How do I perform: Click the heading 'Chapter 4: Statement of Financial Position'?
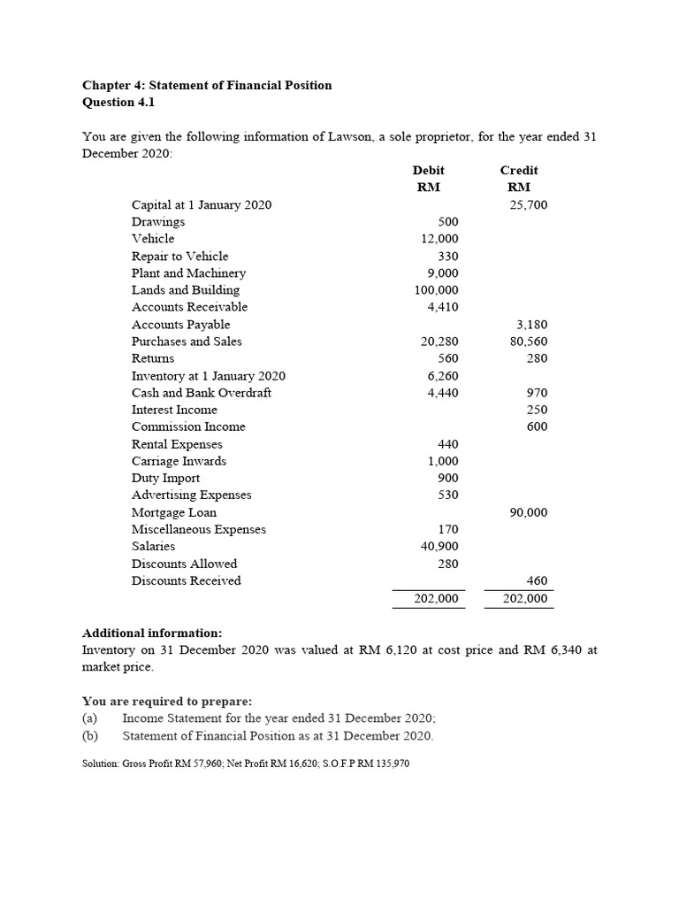point(207,85)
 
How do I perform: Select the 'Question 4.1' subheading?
point(118,102)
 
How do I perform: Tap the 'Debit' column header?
point(428,170)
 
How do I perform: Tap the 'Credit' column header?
point(518,170)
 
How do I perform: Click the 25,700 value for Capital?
point(529,204)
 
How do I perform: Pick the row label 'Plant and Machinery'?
point(188,273)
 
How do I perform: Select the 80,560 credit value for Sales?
point(529,341)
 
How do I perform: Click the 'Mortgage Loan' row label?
point(173,512)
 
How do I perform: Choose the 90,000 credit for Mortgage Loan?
point(529,512)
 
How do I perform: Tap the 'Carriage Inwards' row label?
point(179,461)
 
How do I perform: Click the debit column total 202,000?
point(436,599)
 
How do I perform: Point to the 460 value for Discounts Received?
point(537,580)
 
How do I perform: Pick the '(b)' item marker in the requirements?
point(89,735)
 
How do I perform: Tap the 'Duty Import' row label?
point(165,478)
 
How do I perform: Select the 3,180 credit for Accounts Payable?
point(532,324)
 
